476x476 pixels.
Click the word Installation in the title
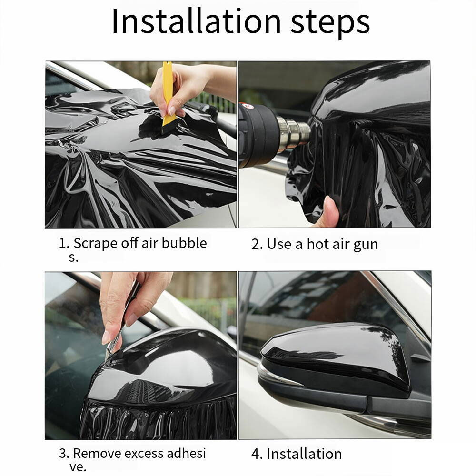pyautogui.click(x=196, y=21)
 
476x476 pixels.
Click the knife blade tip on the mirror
pyautogui.click(x=110, y=354)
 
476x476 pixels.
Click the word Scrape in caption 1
pyautogui.click(x=94, y=243)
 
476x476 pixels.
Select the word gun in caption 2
pyautogui.click(x=366, y=245)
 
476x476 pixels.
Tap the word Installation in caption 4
pyautogui.click(x=304, y=454)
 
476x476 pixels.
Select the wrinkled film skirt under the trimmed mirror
pyautogui.click(x=157, y=419)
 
